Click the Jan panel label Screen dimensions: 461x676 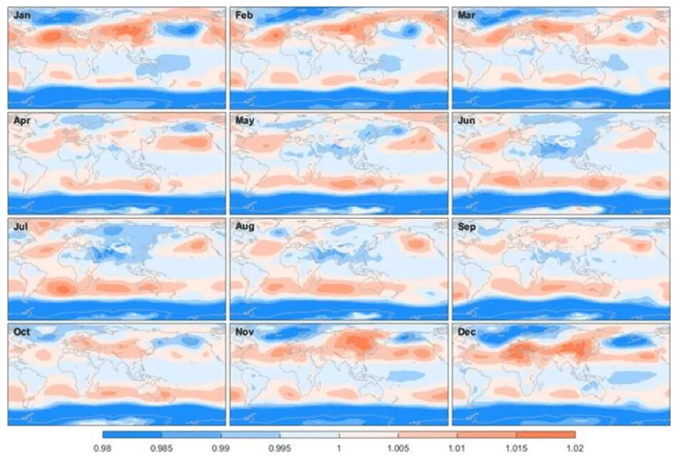coord(22,15)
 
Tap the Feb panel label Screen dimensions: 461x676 coord(245,15)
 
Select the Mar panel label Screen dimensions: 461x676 coord(466,15)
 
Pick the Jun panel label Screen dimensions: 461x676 coord(466,120)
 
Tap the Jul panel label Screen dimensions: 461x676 coord(20,226)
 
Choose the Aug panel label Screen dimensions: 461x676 coord(245,226)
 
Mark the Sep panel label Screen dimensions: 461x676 coord(467,226)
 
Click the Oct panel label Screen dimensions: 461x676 coord(22,331)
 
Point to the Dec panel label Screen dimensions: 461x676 coord(467,331)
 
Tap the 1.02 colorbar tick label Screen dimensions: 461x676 coord(575,448)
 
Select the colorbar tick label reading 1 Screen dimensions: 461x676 coord(339,448)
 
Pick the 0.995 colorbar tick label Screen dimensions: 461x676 coord(280,448)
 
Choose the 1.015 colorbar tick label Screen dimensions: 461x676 coord(515,448)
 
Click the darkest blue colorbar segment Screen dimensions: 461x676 coord(132,435)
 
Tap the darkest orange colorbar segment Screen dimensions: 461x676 coord(545,435)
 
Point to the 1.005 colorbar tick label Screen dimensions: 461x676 coord(397,448)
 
